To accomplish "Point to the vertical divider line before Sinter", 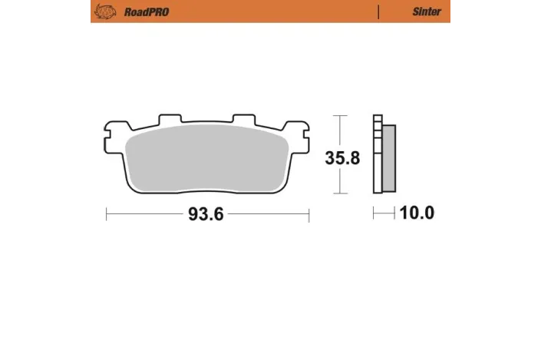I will coord(378,12).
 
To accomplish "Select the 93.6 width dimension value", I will coord(206,215).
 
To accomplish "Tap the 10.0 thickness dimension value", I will coord(417,213).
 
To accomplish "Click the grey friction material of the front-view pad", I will coord(206,158).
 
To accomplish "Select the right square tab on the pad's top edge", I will coord(242,120).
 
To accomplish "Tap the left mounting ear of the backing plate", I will coord(115,132).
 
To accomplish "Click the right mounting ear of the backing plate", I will coord(296,132).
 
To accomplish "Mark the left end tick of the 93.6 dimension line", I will coord(106,215).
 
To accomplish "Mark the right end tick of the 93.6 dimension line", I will coord(308,215).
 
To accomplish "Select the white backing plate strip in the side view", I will coord(377,157).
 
